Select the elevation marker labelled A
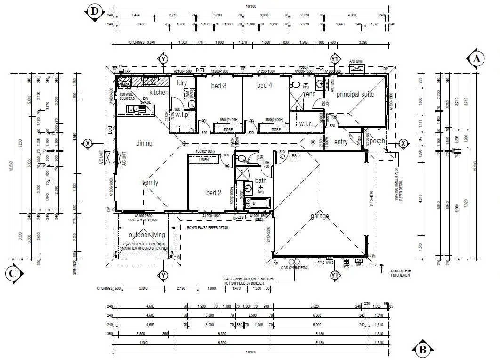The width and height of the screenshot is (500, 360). (476, 58)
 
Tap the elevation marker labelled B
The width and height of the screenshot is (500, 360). (422, 349)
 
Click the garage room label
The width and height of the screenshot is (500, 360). (319, 216)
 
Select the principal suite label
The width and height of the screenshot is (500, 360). (355, 94)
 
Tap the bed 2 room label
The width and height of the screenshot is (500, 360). (213, 192)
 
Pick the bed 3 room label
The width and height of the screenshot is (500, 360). (218, 85)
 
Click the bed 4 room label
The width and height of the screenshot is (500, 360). (265, 85)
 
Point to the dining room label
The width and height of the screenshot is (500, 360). (144, 143)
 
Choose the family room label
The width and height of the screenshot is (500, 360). (150, 182)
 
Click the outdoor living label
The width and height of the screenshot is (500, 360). (147, 235)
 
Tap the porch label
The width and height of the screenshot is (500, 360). (377, 141)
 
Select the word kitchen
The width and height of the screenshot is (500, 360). (159, 92)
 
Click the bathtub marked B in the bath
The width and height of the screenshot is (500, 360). (254, 204)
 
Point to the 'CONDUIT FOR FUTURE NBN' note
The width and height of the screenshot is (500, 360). (401, 273)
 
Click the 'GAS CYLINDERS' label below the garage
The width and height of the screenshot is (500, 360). (294, 267)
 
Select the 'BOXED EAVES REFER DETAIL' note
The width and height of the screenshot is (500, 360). (208, 227)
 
